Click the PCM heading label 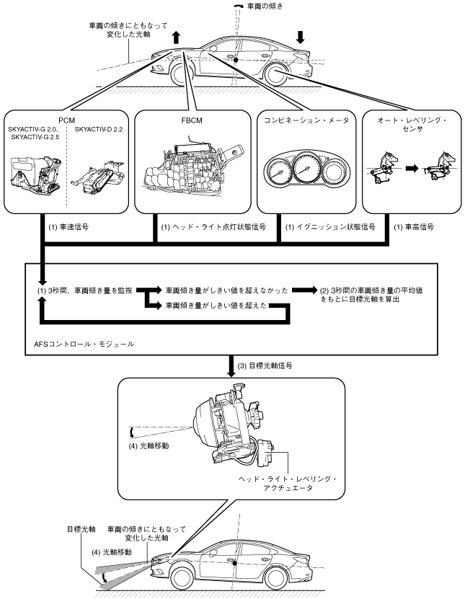[67, 120]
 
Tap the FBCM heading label [192, 120]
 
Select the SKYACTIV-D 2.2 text [99, 130]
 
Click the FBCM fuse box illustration [193, 168]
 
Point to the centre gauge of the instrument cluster [306, 169]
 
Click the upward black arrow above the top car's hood [175, 37]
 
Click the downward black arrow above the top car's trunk [301, 36]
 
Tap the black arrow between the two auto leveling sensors [412, 168]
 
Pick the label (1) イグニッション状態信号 [330, 227]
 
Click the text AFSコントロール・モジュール [84, 344]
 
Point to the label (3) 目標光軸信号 [265, 365]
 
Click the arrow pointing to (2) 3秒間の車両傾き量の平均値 [305, 290]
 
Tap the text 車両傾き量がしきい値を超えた [216, 305]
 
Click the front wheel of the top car [182, 74]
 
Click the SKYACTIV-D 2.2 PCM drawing [99, 177]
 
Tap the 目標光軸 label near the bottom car [81, 530]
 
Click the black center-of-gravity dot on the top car [236, 60]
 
